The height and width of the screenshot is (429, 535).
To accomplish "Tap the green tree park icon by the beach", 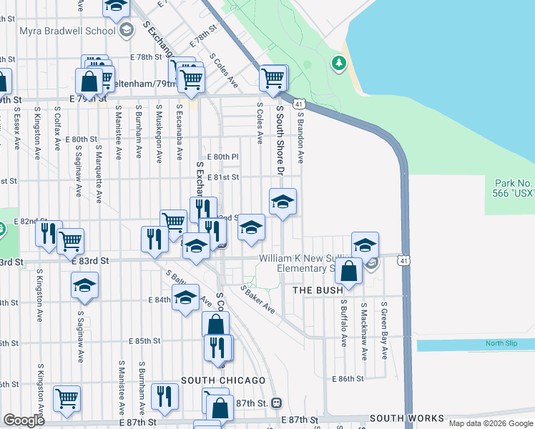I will tap(338, 64).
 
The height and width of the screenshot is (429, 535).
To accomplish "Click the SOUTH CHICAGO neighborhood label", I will tap(223, 380).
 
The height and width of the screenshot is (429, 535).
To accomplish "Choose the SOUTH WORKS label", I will tap(406, 418).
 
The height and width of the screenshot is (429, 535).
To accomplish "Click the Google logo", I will tap(24, 420).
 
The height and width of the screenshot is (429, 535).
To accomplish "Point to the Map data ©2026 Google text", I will tap(490, 423).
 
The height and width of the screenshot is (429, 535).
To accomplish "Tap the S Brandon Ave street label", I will tap(301, 137).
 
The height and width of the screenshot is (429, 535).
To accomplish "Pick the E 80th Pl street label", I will tap(222, 157).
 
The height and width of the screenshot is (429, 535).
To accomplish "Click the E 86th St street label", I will tap(348, 378).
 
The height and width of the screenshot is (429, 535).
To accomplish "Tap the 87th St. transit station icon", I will tap(276, 403).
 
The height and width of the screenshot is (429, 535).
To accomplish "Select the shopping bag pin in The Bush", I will tap(349, 272).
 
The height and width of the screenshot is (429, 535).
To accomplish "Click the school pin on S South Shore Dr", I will tap(283, 202).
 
